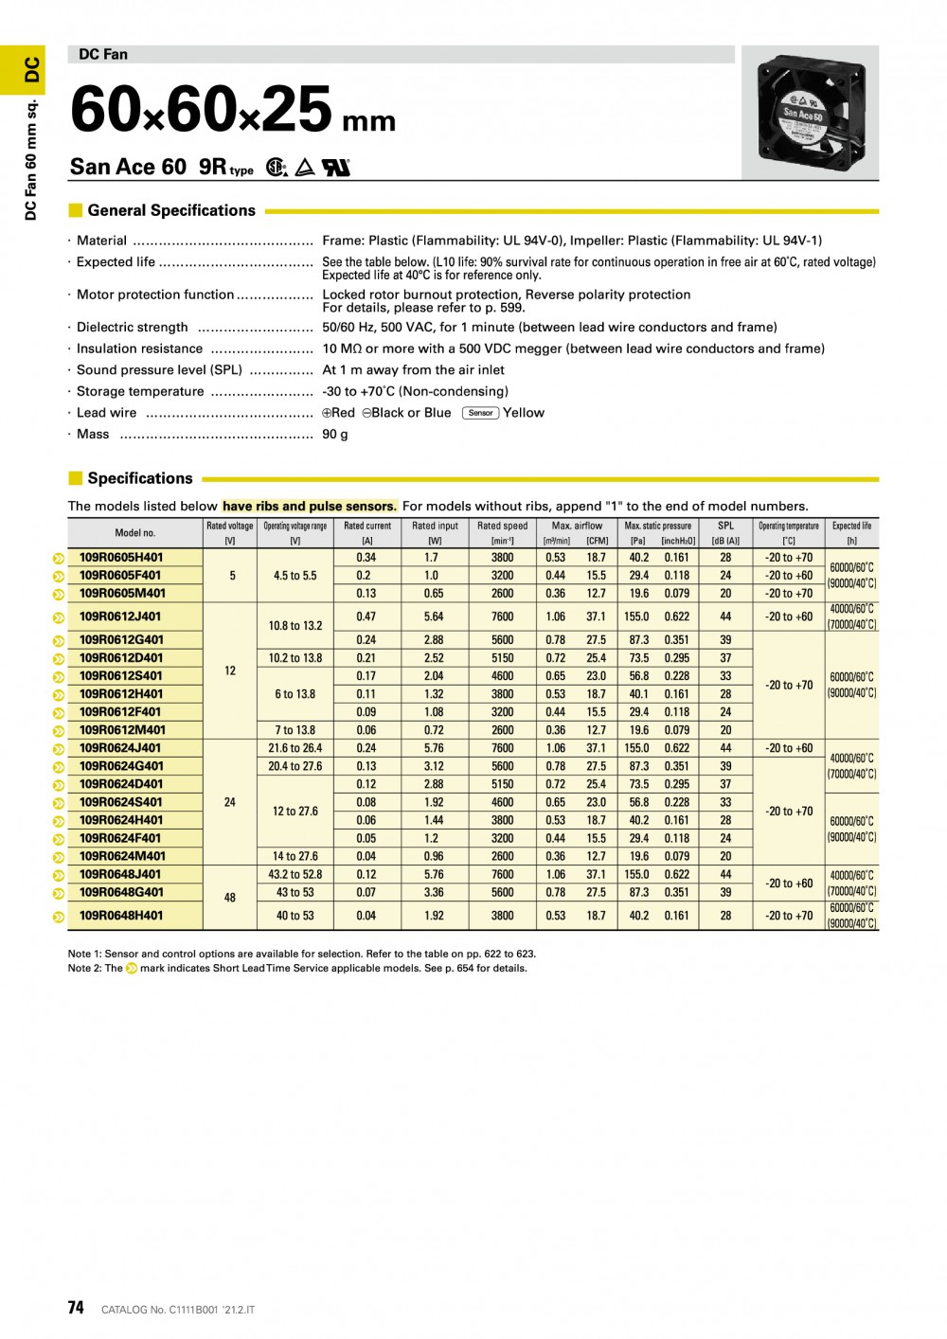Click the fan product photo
click(809, 113)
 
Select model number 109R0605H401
click(121, 558)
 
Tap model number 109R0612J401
click(120, 616)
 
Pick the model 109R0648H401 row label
click(121, 916)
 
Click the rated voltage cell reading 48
click(230, 898)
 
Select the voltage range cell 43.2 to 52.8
click(295, 875)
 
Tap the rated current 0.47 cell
click(366, 616)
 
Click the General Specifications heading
click(171, 210)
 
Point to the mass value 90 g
click(335, 435)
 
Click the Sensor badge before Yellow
click(480, 413)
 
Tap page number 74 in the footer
click(76, 1308)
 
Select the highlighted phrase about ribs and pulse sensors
click(309, 507)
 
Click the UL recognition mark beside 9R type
click(336, 168)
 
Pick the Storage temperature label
click(140, 391)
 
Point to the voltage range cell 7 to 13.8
click(295, 730)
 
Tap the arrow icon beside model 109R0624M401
click(59, 857)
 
